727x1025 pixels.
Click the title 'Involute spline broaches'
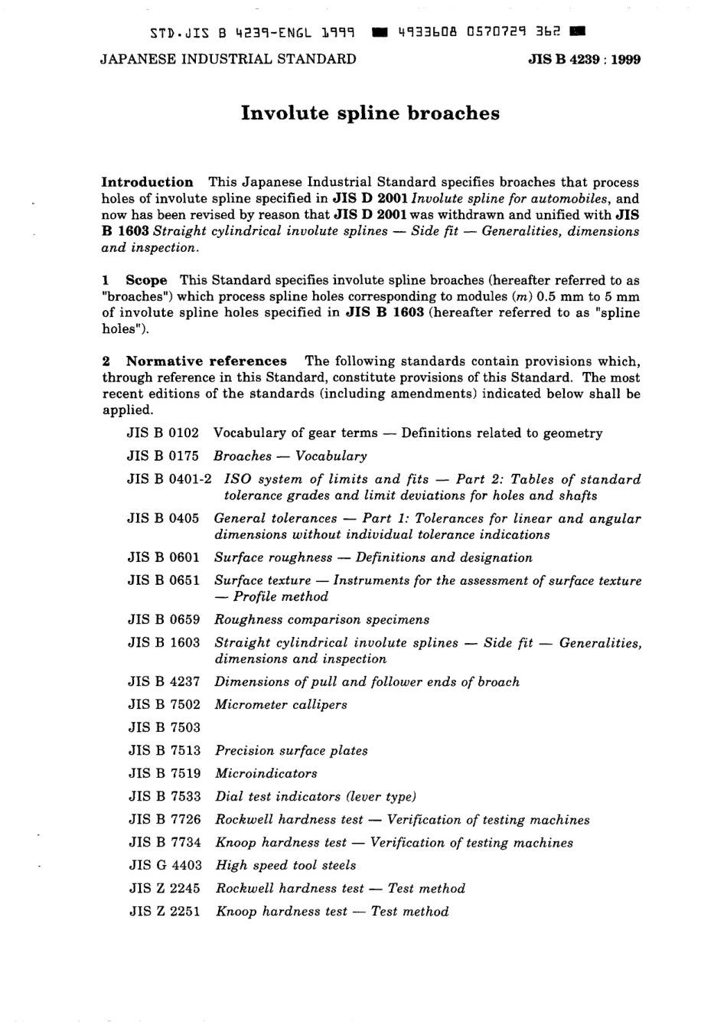click(x=370, y=113)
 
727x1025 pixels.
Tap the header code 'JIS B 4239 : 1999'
click(x=585, y=60)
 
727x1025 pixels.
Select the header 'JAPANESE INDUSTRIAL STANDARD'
click(x=228, y=59)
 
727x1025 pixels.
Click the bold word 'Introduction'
click(x=148, y=182)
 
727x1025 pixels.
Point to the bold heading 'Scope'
click(x=146, y=280)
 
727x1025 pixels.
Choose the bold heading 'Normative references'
click(x=206, y=361)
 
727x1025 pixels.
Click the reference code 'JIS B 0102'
click(x=163, y=433)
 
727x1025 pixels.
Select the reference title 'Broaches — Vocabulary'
click(x=290, y=456)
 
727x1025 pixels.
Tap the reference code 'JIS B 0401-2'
click(x=169, y=479)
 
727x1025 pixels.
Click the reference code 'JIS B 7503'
click(x=164, y=727)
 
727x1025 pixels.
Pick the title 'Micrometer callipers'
click(x=280, y=704)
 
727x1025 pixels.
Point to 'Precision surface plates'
click(x=291, y=750)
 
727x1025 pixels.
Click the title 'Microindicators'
click(x=266, y=773)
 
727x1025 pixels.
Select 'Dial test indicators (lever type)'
click(x=315, y=796)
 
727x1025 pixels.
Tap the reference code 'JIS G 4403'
click(x=165, y=865)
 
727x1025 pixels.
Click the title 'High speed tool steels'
click(x=285, y=865)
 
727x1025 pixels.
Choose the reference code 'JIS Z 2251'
click(x=165, y=911)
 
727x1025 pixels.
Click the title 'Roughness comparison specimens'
click(x=321, y=619)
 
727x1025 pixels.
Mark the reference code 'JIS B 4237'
click(x=164, y=681)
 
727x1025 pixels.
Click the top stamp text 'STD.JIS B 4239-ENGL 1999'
click(x=252, y=34)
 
